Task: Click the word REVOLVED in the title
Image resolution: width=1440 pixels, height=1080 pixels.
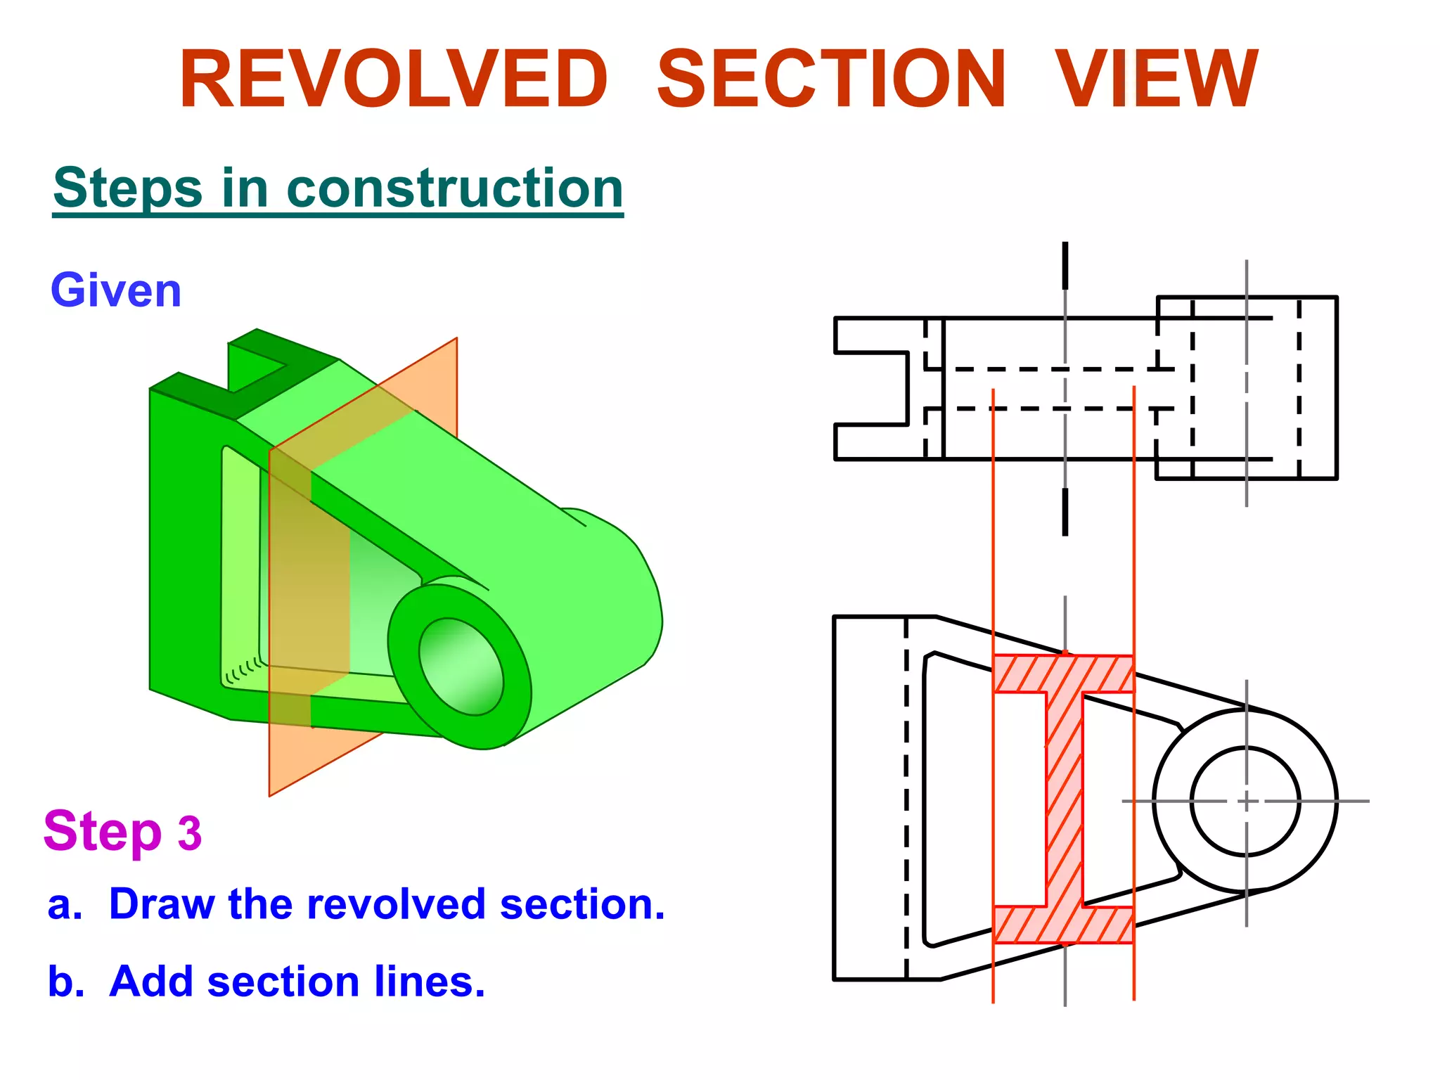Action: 394,79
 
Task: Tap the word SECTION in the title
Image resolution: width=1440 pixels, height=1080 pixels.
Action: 831,79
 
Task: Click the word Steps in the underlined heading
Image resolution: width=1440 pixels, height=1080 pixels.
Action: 128,188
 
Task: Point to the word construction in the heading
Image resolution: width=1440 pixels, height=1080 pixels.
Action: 455,188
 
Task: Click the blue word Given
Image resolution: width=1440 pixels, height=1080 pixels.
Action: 116,290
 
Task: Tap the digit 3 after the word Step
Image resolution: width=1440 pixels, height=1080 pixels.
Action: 189,834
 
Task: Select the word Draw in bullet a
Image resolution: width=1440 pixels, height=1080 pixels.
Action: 162,904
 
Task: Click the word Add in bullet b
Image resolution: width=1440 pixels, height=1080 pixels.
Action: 150,982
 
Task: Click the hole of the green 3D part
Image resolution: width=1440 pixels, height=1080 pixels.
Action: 461,667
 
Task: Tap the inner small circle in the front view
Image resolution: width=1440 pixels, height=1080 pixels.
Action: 1245,801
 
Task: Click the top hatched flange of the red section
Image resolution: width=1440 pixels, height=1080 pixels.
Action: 1063,674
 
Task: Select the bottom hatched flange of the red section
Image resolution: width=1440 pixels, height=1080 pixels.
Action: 1063,925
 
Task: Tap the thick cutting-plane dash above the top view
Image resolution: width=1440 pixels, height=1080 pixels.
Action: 1065,265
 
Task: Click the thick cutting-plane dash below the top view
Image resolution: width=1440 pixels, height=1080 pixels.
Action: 1065,511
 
